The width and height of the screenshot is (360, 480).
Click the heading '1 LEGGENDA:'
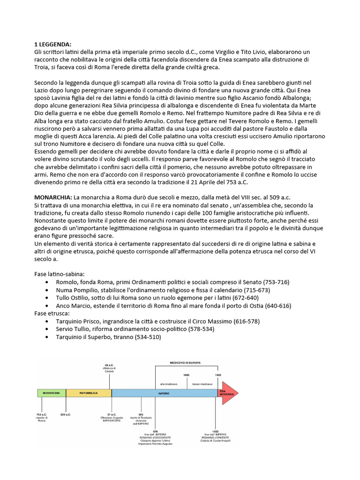tap(53, 44)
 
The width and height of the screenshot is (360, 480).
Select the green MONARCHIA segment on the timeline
tap(51, 393)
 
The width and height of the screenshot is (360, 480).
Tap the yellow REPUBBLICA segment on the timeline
tap(88, 393)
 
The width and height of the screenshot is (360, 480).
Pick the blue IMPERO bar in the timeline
tap(164, 393)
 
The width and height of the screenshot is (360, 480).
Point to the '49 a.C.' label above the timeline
tap(109, 365)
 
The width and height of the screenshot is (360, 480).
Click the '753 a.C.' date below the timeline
tap(42, 414)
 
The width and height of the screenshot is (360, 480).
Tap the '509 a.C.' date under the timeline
tap(66, 414)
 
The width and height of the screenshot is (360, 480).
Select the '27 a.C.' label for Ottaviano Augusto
tap(112, 414)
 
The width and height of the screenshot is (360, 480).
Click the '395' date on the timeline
tap(141, 414)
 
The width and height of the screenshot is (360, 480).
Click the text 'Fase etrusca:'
tap(52, 313)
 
